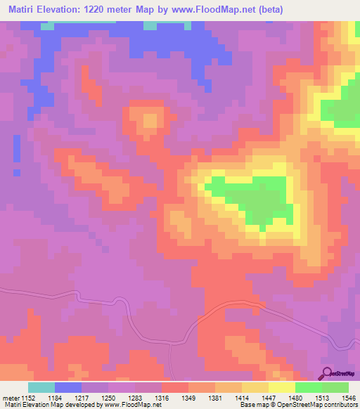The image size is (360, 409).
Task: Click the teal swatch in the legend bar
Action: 41,387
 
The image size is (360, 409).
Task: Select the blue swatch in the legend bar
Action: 68,387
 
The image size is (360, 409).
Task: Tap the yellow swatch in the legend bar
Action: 281,387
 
